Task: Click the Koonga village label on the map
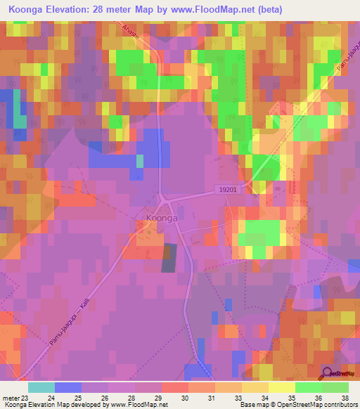pos(162,219)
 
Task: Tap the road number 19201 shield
pos(228,189)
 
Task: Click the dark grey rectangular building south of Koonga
pos(169,258)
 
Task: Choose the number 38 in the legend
pos(345,397)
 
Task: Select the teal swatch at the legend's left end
pos(41,387)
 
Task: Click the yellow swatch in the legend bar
pos(282,387)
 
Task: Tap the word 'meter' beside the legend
pos(11,397)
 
